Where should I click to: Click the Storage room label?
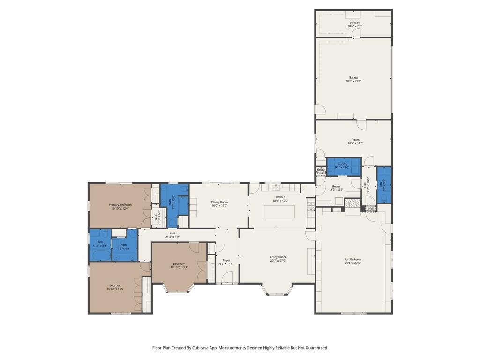pyautogui.click(x=354, y=23)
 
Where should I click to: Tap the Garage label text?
pyautogui.click(x=353, y=78)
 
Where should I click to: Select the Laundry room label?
pyautogui.click(x=342, y=164)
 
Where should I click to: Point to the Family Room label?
pyautogui.click(x=353, y=259)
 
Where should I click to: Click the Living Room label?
pyautogui.click(x=278, y=257)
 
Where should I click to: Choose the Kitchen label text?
pyautogui.click(x=280, y=197)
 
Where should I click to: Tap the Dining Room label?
pyautogui.click(x=219, y=202)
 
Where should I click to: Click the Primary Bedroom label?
pyautogui.click(x=120, y=205)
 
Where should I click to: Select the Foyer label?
pyautogui.click(x=226, y=260)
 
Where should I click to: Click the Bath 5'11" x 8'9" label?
pyautogui.click(x=100, y=244)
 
